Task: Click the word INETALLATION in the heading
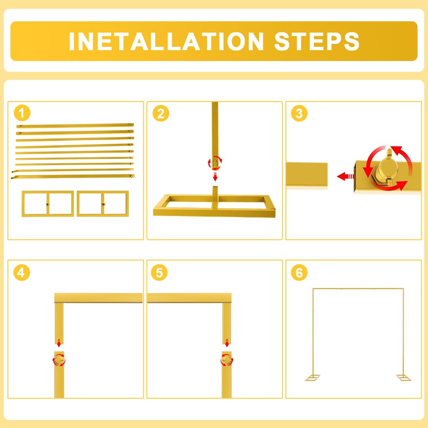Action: tap(166, 41)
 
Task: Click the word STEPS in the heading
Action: tap(317, 41)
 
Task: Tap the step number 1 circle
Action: tap(22, 113)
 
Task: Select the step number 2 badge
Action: tap(161, 113)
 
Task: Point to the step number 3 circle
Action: tap(299, 113)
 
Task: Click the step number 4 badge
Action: tap(22, 273)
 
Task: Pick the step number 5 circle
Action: tap(159, 273)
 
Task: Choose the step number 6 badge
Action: tap(299, 273)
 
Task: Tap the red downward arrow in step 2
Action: tap(215, 176)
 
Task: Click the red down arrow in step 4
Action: tap(59, 343)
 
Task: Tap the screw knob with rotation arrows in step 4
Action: tap(59, 360)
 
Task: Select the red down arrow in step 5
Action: tap(227, 343)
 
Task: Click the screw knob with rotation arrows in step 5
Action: tap(227, 360)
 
